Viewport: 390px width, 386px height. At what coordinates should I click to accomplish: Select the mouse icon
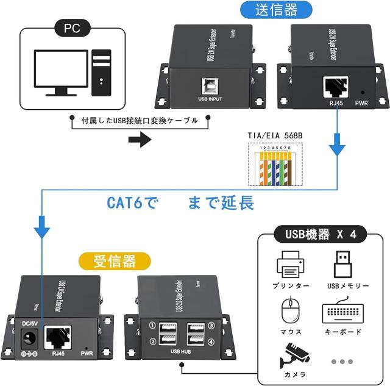(289, 311)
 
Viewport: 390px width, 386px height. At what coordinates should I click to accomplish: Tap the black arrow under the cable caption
(140, 140)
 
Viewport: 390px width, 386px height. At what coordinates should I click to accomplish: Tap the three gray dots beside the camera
(342, 361)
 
